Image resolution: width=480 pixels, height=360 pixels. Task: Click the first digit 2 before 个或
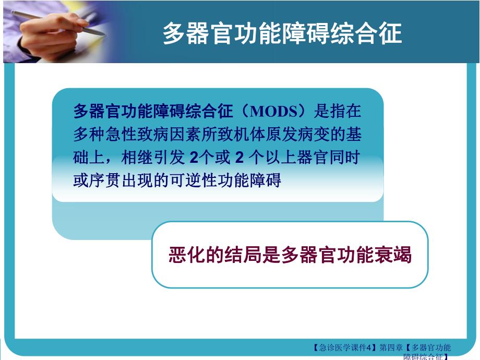(194, 158)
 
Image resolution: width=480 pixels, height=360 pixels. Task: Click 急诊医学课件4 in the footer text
(346, 348)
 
